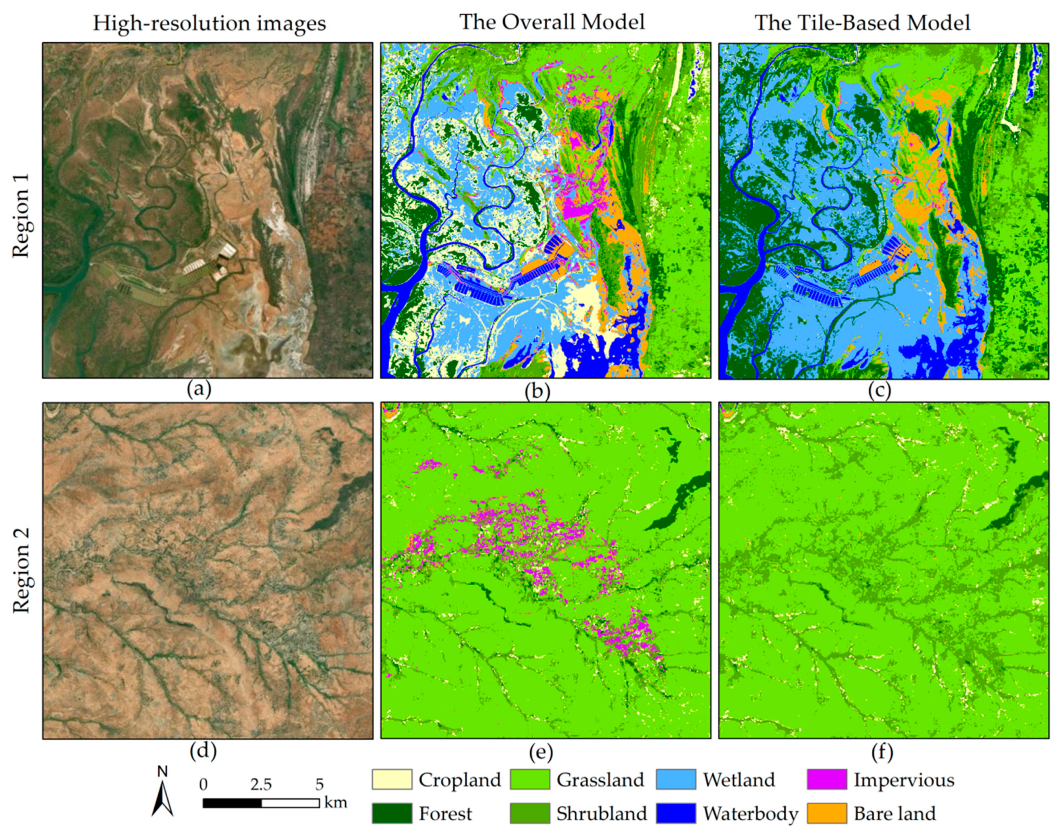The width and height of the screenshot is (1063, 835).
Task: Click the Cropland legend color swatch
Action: point(392,779)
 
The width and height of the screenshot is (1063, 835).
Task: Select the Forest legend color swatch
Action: point(392,813)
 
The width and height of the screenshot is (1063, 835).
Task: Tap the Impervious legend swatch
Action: point(827,779)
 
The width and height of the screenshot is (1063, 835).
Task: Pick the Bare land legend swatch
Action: point(827,813)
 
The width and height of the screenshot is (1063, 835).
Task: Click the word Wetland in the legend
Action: point(738,780)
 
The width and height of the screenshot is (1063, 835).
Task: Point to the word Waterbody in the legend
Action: point(750,814)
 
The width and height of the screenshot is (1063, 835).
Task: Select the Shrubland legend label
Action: point(601,814)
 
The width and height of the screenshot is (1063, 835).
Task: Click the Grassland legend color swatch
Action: point(530,779)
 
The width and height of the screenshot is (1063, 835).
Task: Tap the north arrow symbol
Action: point(162,795)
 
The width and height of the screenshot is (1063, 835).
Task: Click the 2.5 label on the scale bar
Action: point(261,784)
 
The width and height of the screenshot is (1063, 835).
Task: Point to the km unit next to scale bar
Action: point(335,802)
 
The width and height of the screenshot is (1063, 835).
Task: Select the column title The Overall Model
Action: point(552,22)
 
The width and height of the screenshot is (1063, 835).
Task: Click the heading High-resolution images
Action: point(209,23)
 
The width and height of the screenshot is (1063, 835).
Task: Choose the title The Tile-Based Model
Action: point(862,23)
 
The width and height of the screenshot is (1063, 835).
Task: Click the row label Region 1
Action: point(22,215)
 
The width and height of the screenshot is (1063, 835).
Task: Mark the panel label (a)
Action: point(199,389)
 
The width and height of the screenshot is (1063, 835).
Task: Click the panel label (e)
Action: point(540,753)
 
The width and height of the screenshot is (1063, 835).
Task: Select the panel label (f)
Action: point(882,753)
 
